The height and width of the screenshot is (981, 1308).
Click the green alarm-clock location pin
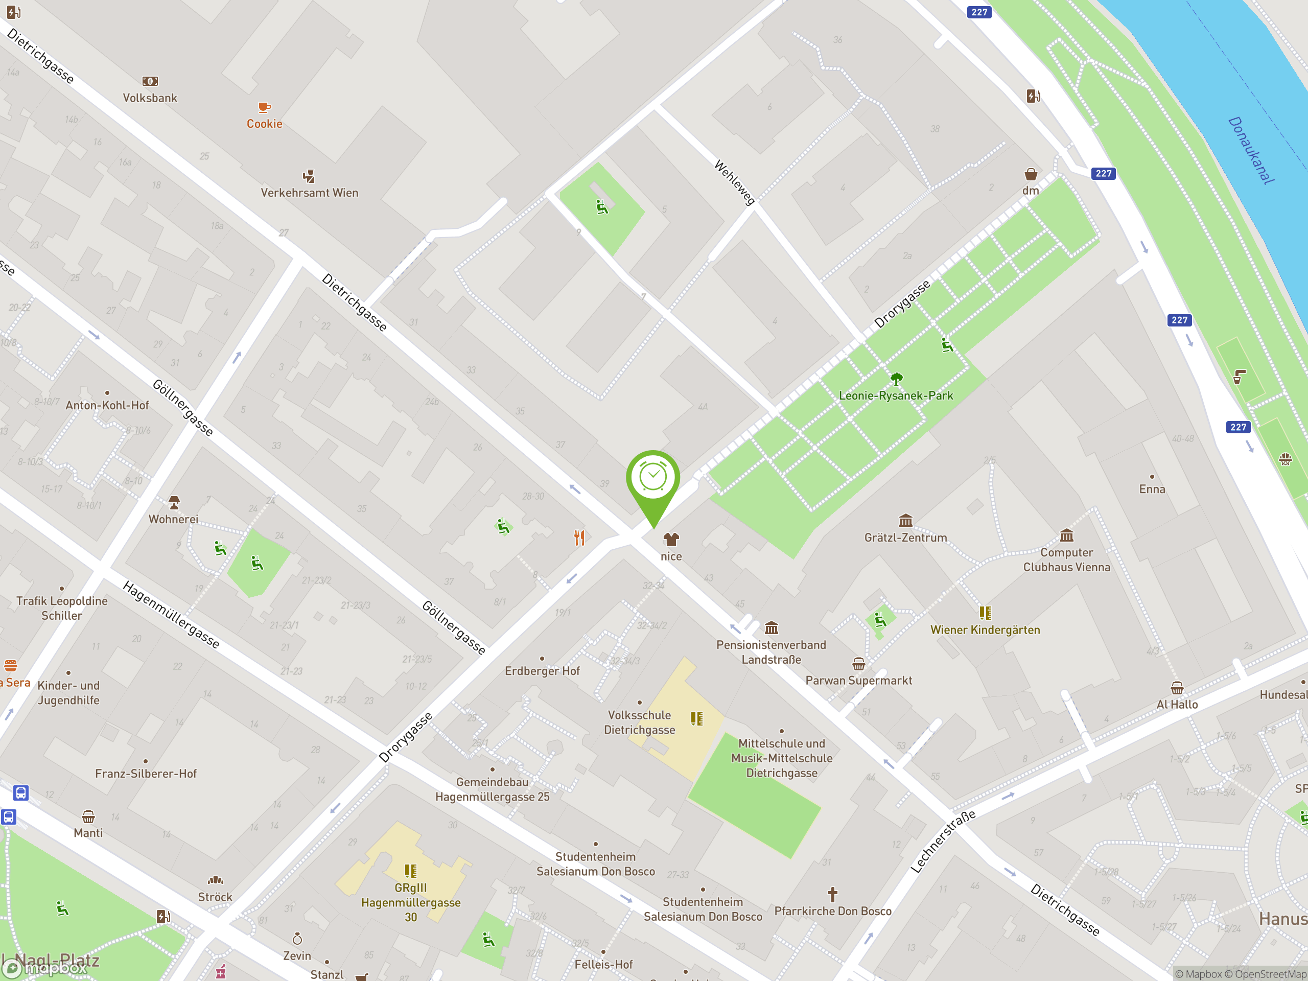click(653, 479)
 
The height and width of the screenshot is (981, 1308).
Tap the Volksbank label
click(150, 98)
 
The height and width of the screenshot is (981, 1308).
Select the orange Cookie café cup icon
click(264, 107)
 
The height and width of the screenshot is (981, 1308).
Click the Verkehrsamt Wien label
click(309, 193)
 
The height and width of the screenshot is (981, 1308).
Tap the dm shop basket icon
click(1031, 174)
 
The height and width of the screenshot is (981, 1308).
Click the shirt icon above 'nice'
click(670, 539)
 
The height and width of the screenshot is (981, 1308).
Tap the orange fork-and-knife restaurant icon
click(579, 538)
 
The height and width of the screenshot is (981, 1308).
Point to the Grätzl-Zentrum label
click(905, 538)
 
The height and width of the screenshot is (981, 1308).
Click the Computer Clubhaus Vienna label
click(1066, 559)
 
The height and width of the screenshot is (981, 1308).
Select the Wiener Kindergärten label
click(985, 630)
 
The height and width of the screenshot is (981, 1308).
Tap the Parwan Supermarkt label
click(858, 680)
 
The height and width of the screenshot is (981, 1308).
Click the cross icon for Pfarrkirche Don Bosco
click(833, 894)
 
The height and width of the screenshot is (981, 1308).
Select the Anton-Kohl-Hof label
click(107, 405)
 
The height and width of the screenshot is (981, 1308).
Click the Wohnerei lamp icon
click(174, 503)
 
